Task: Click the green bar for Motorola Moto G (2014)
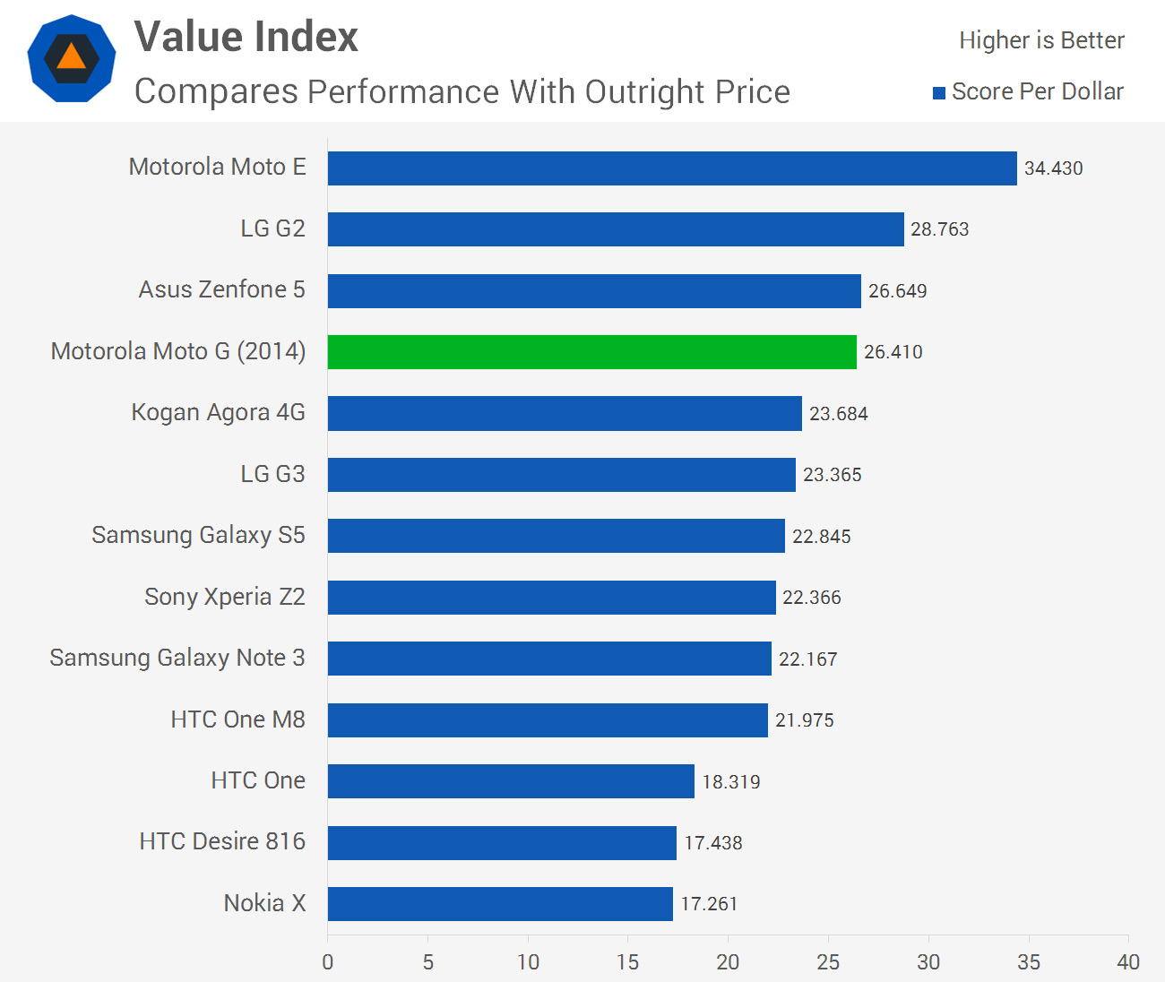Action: point(591,352)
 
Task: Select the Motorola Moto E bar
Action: point(672,168)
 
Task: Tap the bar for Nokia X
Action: point(500,904)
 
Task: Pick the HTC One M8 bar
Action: point(548,720)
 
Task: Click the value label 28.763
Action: point(939,229)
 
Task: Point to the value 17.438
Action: point(712,843)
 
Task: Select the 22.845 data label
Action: point(821,537)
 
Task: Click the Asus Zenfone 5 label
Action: point(221,290)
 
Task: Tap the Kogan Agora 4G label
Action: point(218,413)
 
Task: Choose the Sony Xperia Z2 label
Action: point(224,598)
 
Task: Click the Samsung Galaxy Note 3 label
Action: point(177,659)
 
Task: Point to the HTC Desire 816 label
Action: point(222,842)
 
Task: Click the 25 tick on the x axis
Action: point(828,962)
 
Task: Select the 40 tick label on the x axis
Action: point(1127,962)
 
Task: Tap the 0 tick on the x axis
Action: point(328,962)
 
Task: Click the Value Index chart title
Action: point(246,38)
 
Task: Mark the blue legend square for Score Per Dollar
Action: point(939,93)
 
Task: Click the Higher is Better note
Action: point(1041,41)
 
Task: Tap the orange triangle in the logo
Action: point(72,58)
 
